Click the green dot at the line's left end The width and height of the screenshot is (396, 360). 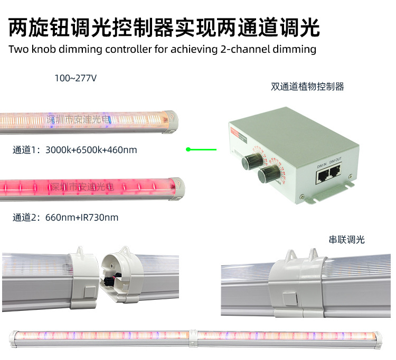188,149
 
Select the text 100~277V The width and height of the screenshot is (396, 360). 76,78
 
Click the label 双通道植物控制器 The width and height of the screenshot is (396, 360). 307,87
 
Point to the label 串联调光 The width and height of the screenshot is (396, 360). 346,239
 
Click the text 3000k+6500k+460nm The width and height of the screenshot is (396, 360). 91,150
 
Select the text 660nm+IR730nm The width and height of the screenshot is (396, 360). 82,217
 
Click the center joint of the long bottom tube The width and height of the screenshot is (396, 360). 193,336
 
